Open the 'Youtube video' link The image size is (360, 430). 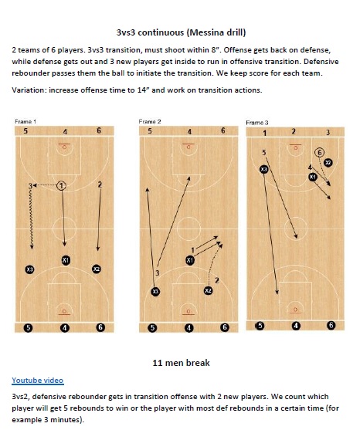(x=38, y=380)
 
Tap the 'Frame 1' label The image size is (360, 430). (x=25, y=122)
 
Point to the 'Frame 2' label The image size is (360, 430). (x=149, y=122)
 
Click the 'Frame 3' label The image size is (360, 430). (x=257, y=122)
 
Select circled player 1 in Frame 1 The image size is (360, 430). (x=63, y=185)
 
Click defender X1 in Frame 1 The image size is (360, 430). (x=66, y=260)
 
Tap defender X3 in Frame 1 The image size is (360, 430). (x=29, y=269)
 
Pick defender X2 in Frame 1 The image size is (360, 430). (x=97, y=269)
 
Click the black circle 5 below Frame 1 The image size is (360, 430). (x=29, y=327)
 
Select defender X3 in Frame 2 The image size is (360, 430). (x=155, y=291)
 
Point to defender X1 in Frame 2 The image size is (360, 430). (x=190, y=260)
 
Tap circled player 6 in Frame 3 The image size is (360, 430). (x=319, y=153)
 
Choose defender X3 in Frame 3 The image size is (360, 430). (x=264, y=169)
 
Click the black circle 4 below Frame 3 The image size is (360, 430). (x=296, y=326)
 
